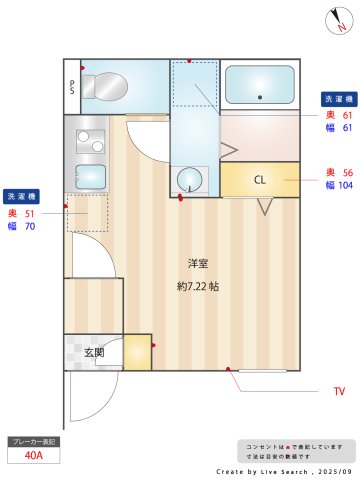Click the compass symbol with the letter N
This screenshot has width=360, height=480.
tap(338, 21)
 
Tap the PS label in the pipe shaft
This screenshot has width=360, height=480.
tap(72, 87)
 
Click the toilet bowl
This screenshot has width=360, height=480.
tap(102, 87)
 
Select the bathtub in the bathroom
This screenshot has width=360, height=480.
tap(259, 84)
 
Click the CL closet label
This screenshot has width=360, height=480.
tap(259, 180)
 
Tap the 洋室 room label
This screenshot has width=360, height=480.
tap(198, 263)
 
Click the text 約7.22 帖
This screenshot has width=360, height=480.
tap(198, 285)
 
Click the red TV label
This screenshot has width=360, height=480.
tap(339, 390)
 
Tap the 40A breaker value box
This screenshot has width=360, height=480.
tap(34, 456)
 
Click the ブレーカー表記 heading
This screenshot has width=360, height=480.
tap(34, 440)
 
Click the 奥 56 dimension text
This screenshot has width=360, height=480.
tap(339, 172)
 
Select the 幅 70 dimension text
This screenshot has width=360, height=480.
tap(22, 227)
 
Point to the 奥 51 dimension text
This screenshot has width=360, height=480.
tap(22, 213)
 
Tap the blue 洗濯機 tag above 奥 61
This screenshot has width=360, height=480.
tap(336, 99)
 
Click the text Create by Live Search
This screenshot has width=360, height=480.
tap(262, 469)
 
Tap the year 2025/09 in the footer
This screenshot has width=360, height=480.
tap(333, 469)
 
